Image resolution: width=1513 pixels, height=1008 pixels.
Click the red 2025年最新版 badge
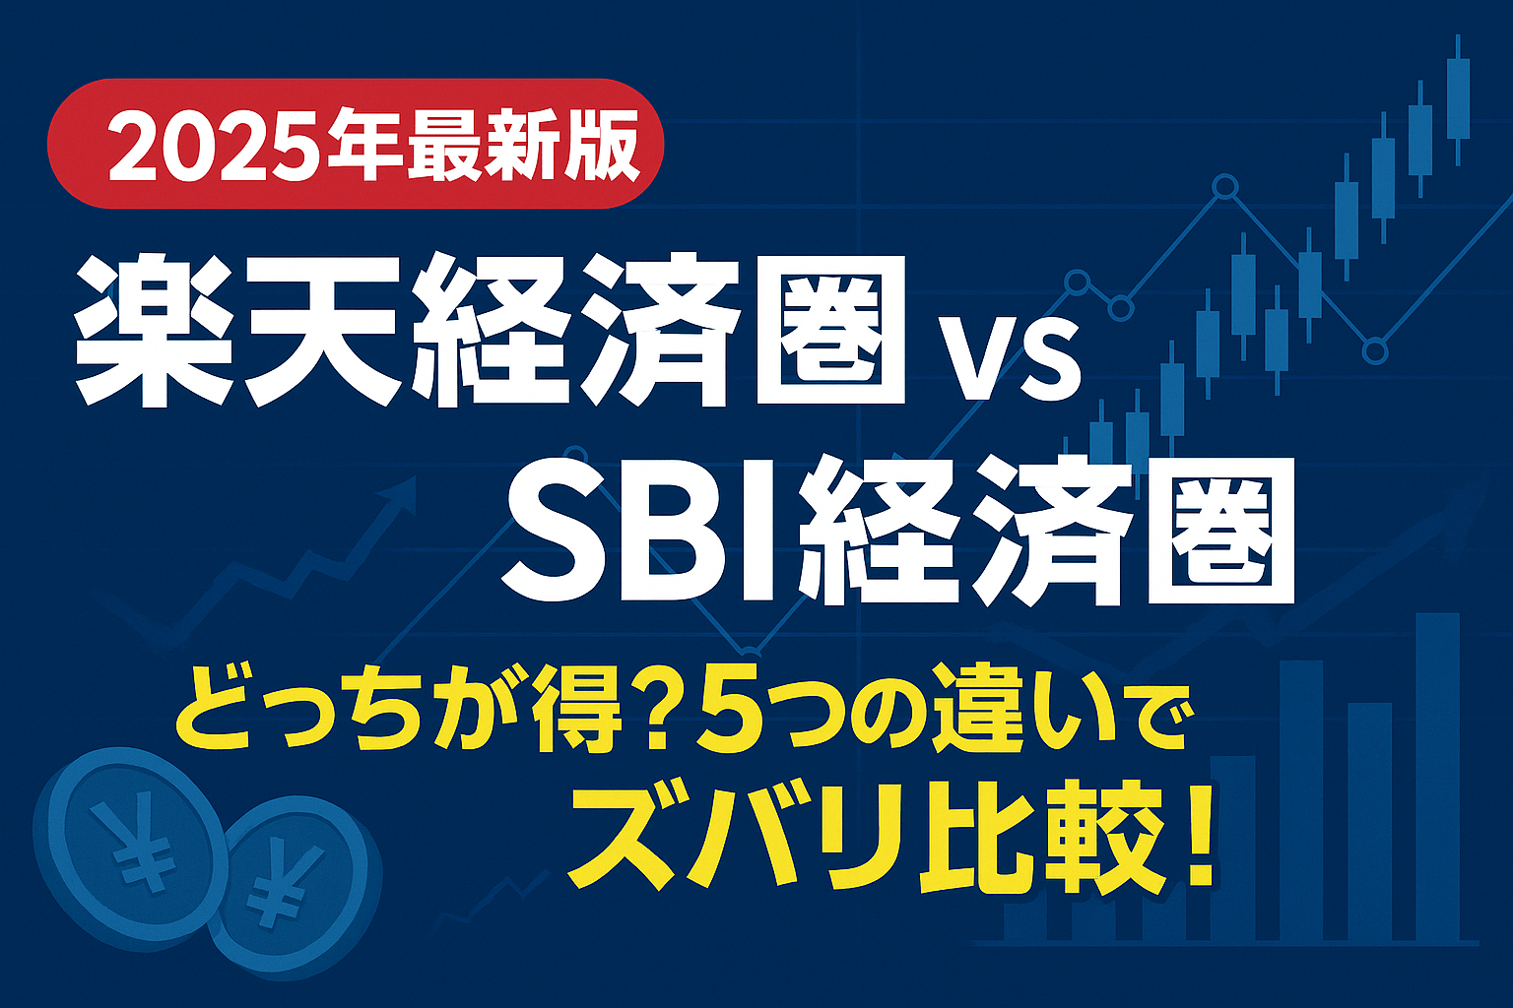(x=356, y=144)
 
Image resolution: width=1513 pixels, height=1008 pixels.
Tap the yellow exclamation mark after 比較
(x=1198, y=838)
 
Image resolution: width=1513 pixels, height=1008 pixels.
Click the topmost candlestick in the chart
(x=1458, y=100)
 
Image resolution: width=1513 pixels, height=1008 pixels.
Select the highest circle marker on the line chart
(x=1224, y=187)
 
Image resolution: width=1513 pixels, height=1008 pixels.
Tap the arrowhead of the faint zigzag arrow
(x=399, y=493)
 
